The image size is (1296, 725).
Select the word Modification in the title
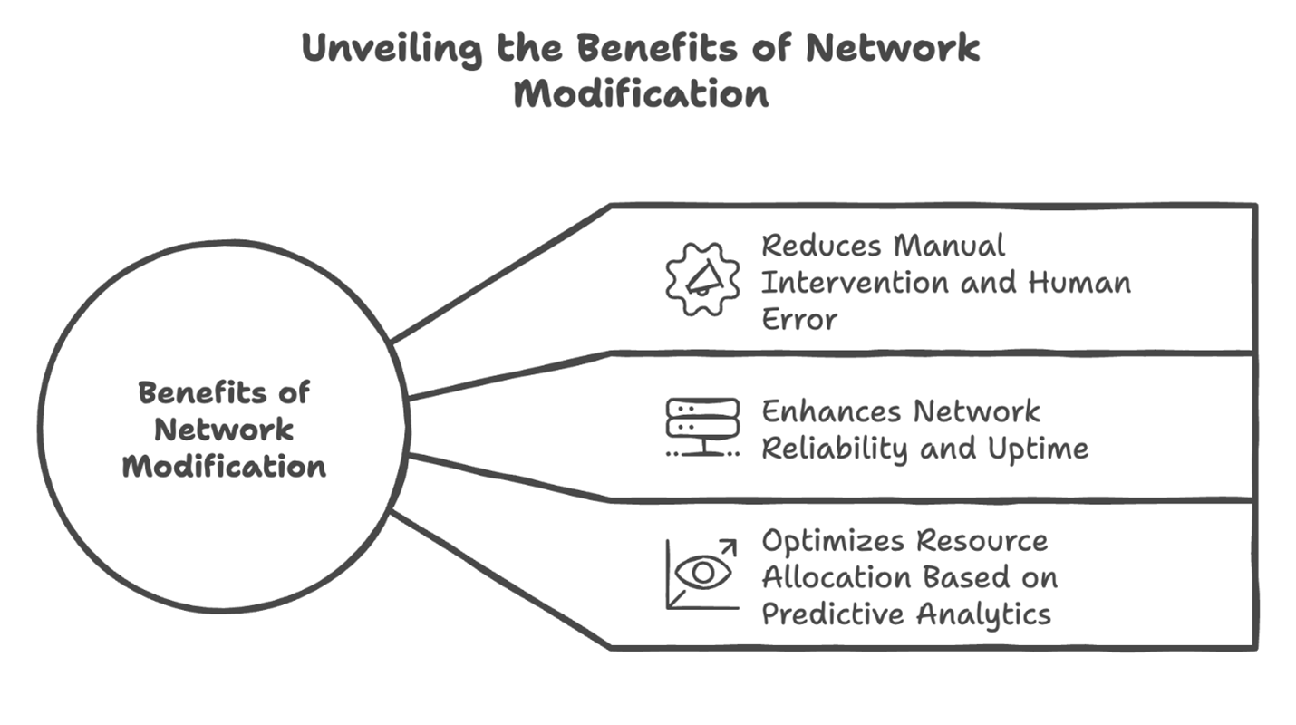[x=641, y=93]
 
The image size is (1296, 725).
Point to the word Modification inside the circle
[x=224, y=467]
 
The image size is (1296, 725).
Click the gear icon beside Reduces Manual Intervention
[x=702, y=279]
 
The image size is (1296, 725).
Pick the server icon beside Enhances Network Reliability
[x=702, y=427]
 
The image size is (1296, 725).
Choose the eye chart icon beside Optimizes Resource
[x=702, y=574]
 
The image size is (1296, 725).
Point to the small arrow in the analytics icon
[x=727, y=547]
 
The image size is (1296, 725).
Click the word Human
[x=1078, y=282]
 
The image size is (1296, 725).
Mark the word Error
[x=798, y=319]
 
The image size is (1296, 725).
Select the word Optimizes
[x=831, y=541]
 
